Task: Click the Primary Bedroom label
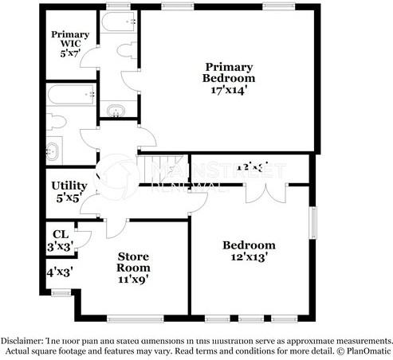tap(229, 72)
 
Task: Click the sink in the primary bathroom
tap(118, 111)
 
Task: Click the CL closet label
tap(59, 234)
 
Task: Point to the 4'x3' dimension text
tap(60, 272)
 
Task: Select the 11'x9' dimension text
tap(134, 279)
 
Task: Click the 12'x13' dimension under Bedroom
tap(249, 257)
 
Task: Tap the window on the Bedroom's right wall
tap(313, 228)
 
